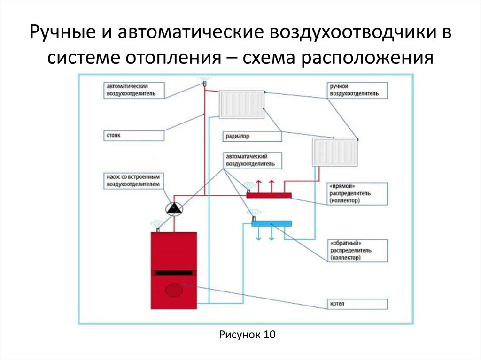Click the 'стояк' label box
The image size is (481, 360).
(x=134, y=136)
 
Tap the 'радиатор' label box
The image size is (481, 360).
(x=252, y=137)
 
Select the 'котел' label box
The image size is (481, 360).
(x=357, y=304)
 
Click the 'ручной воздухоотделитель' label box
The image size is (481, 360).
(x=357, y=90)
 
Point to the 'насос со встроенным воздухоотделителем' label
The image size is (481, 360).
(x=133, y=181)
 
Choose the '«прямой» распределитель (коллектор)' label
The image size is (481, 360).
(x=357, y=194)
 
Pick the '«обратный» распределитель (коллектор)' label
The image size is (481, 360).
(x=357, y=251)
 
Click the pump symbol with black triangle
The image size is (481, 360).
(x=174, y=209)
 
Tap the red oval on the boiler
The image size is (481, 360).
(x=174, y=290)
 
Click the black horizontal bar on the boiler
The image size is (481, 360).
(x=174, y=273)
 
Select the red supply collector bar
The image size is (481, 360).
(x=269, y=195)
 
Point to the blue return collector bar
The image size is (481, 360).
(x=272, y=223)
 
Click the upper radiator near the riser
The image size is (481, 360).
(x=241, y=104)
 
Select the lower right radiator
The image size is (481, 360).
(x=335, y=152)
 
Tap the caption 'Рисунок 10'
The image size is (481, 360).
(x=247, y=334)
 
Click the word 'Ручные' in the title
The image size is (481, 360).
(x=62, y=32)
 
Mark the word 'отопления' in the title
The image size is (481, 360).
(x=173, y=57)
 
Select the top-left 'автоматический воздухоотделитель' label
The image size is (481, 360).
(x=134, y=90)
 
